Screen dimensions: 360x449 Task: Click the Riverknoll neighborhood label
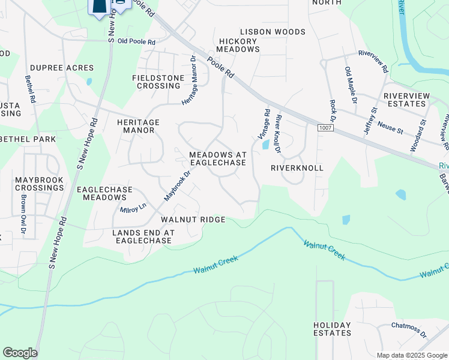click(297, 169)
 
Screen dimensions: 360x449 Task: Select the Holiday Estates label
click(332, 329)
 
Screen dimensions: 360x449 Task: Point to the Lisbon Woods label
click(273, 32)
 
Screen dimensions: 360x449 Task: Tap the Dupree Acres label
click(62, 68)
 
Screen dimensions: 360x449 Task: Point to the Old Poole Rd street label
click(136, 42)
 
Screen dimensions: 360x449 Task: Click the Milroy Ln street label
click(133, 207)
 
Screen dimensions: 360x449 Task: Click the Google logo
click(20, 353)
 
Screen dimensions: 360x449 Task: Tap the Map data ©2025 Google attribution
click(411, 355)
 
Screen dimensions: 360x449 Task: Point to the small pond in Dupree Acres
click(89, 82)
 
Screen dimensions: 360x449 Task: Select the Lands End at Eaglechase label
click(142, 236)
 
